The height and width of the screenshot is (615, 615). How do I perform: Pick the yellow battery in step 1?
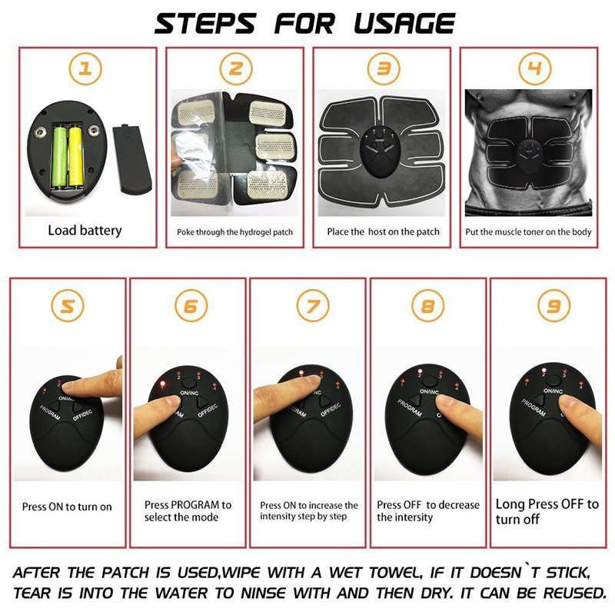pyautogui.click(x=75, y=156)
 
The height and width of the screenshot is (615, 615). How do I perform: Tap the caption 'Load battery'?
pyautogui.click(x=85, y=230)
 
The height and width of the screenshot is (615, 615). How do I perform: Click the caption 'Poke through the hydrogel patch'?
pyautogui.click(x=234, y=232)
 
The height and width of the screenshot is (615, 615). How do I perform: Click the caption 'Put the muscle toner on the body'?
pyautogui.click(x=529, y=231)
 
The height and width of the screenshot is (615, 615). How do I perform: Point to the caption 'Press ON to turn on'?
pyautogui.click(x=67, y=507)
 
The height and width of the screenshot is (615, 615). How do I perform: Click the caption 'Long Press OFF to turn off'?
pyautogui.click(x=547, y=511)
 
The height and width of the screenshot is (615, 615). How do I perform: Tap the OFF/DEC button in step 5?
pyautogui.click(x=87, y=413)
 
